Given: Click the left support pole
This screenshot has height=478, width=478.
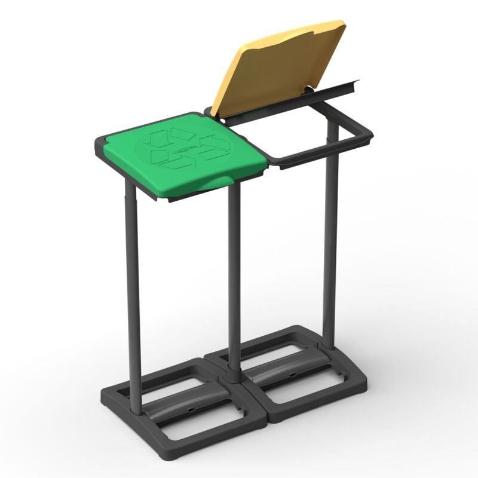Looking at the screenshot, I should pyautogui.click(x=134, y=299).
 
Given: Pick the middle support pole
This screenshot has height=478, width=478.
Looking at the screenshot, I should pyautogui.click(x=234, y=281).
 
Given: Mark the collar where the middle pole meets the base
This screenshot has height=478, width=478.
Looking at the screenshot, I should pyautogui.click(x=234, y=378).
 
